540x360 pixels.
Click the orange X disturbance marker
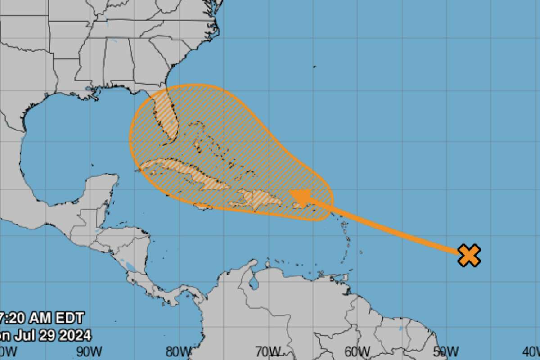[469, 255]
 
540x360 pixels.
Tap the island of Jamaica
[203, 207]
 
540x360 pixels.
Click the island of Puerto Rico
[298, 205]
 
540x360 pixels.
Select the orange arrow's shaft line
[387, 228]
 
